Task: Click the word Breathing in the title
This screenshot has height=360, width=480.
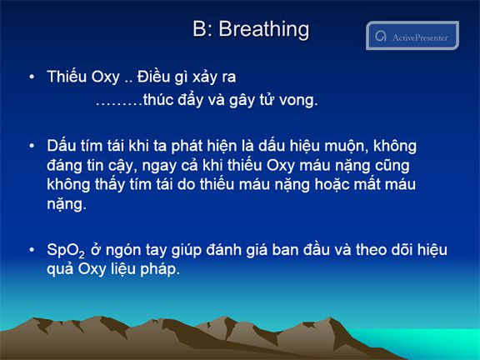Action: click(x=264, y=30)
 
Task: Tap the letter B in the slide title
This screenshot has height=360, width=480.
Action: click(x=199, y=29)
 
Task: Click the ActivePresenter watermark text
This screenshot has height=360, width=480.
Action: click(x=420, y=37)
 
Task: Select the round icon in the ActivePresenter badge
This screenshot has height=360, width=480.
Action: click(x=381, y=36)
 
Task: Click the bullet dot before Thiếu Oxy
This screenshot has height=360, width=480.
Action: click(x=32, y=77)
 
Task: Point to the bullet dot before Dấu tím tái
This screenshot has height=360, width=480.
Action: click(x=32, y=146)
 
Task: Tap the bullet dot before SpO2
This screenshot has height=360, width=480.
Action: click(x=32, y=250)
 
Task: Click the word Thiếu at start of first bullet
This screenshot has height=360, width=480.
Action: click(x=67, y=76)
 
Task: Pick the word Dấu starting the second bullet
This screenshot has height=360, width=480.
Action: click(x=61, y=145)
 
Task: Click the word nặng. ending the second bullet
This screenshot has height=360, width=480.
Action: click(x=67, y=204)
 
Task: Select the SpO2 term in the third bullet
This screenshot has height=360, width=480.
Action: click(x=66, y=250)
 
